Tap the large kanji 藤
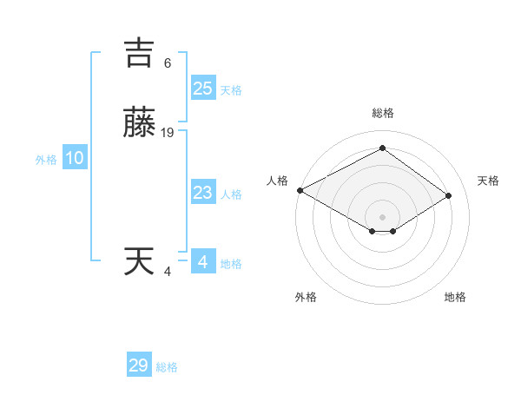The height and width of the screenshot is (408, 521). (139, 123)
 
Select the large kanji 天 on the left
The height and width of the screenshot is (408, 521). (139, 261)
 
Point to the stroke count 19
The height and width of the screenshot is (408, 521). (168, 133)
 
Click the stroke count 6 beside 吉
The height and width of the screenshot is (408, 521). (168, 63)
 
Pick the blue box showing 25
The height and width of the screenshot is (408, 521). (202, 88)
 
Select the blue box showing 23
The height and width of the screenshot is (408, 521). (202, 193)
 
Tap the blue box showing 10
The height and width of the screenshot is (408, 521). (74, 158)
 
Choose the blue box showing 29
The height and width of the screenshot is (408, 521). (138, 365)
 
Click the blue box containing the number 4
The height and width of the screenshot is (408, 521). (202, 261)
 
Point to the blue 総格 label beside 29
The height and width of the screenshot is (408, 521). (167, 367)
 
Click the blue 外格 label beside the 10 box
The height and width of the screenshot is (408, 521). (45, 160)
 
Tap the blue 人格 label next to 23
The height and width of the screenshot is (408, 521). (231, 194)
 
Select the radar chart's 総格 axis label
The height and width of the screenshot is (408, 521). (382, 113)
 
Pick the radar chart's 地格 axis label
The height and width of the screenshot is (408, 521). (455, 297)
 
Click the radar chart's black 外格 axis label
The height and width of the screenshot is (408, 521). (306, 297)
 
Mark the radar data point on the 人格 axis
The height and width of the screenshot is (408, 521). (300, 190)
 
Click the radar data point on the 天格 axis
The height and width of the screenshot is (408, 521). (448, 195)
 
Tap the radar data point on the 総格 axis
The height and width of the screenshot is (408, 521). (382, 148)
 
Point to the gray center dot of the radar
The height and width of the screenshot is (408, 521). (382, 216)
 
